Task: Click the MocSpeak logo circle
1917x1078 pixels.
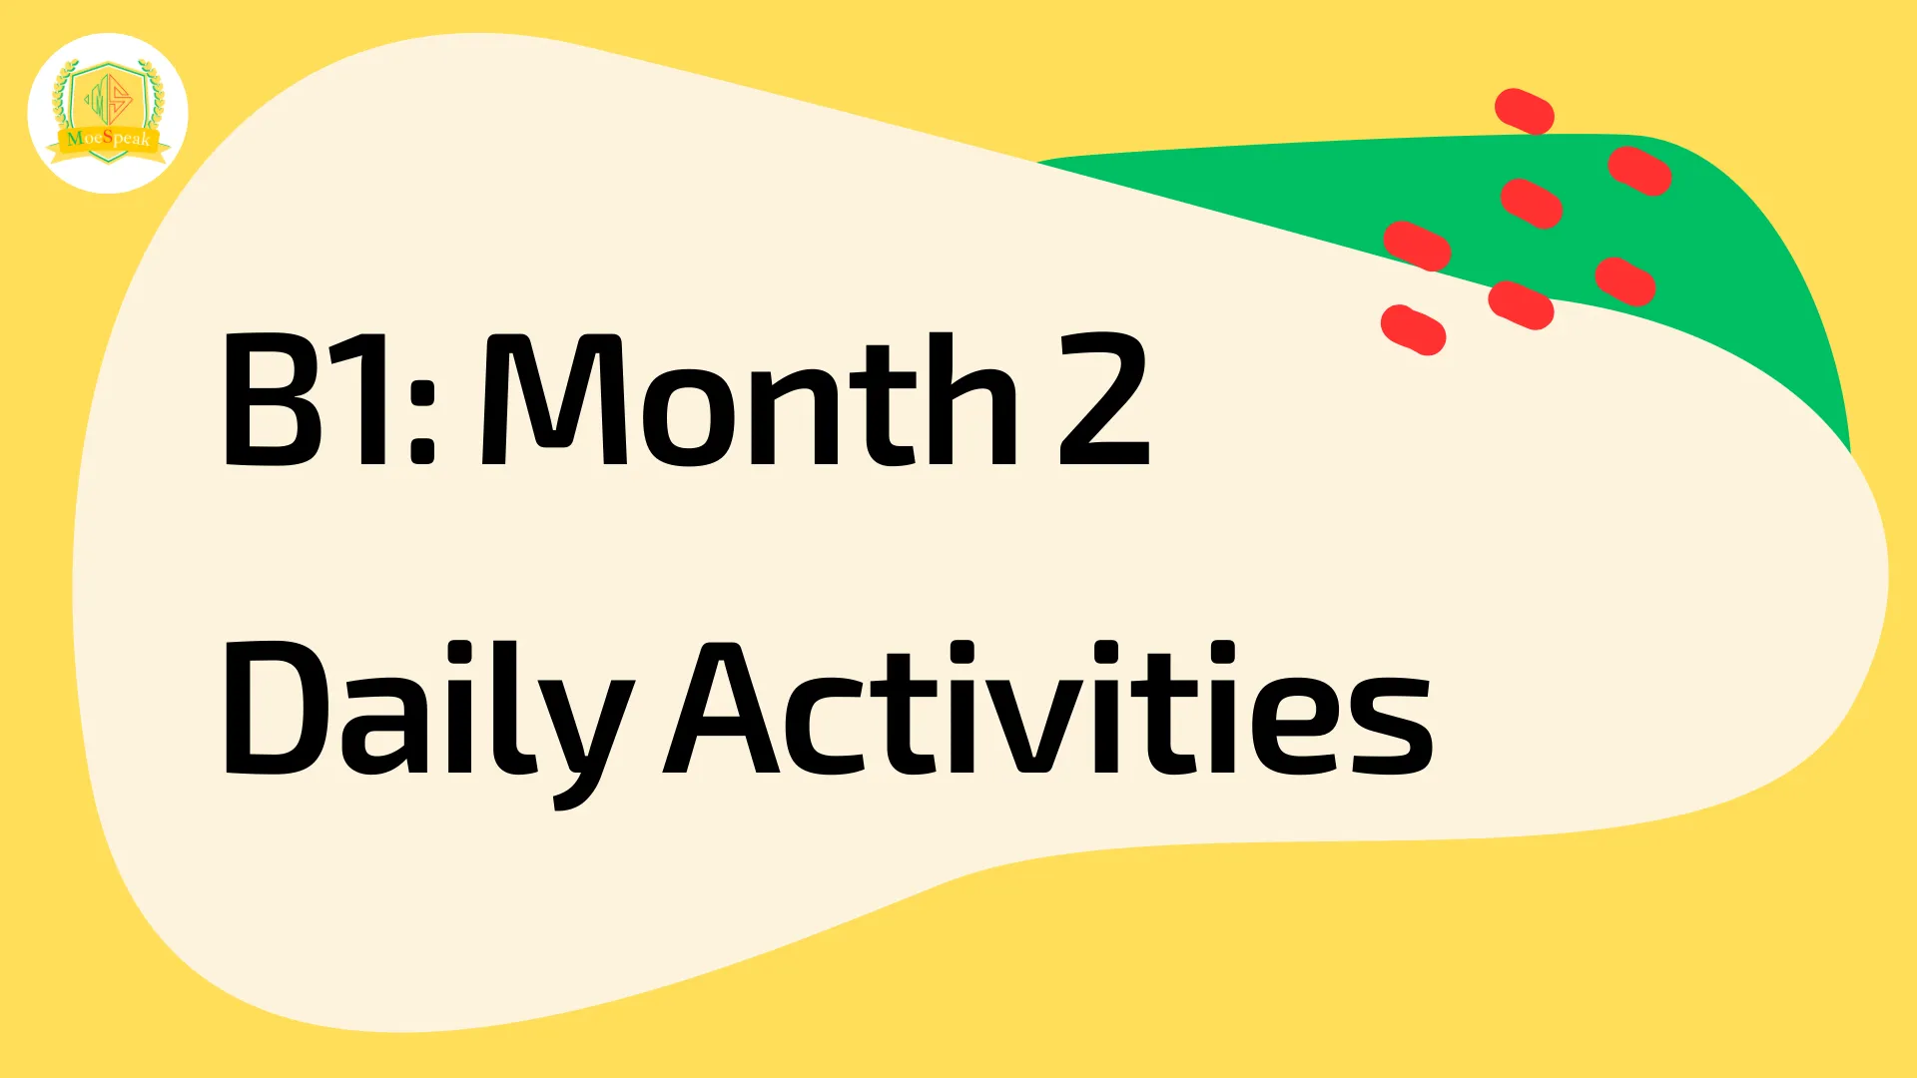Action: click(108, 113)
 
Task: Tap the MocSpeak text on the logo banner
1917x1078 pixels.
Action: click(109, 138)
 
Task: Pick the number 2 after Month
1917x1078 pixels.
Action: click(1103, 399)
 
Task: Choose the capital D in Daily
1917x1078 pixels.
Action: click(274, 709)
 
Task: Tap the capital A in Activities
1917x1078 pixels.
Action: click(723, 709)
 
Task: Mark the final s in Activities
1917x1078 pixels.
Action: click(1393, 725)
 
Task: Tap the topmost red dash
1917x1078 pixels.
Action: click(1525, 111)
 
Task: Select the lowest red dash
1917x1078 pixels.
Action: click(1414, 329)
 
